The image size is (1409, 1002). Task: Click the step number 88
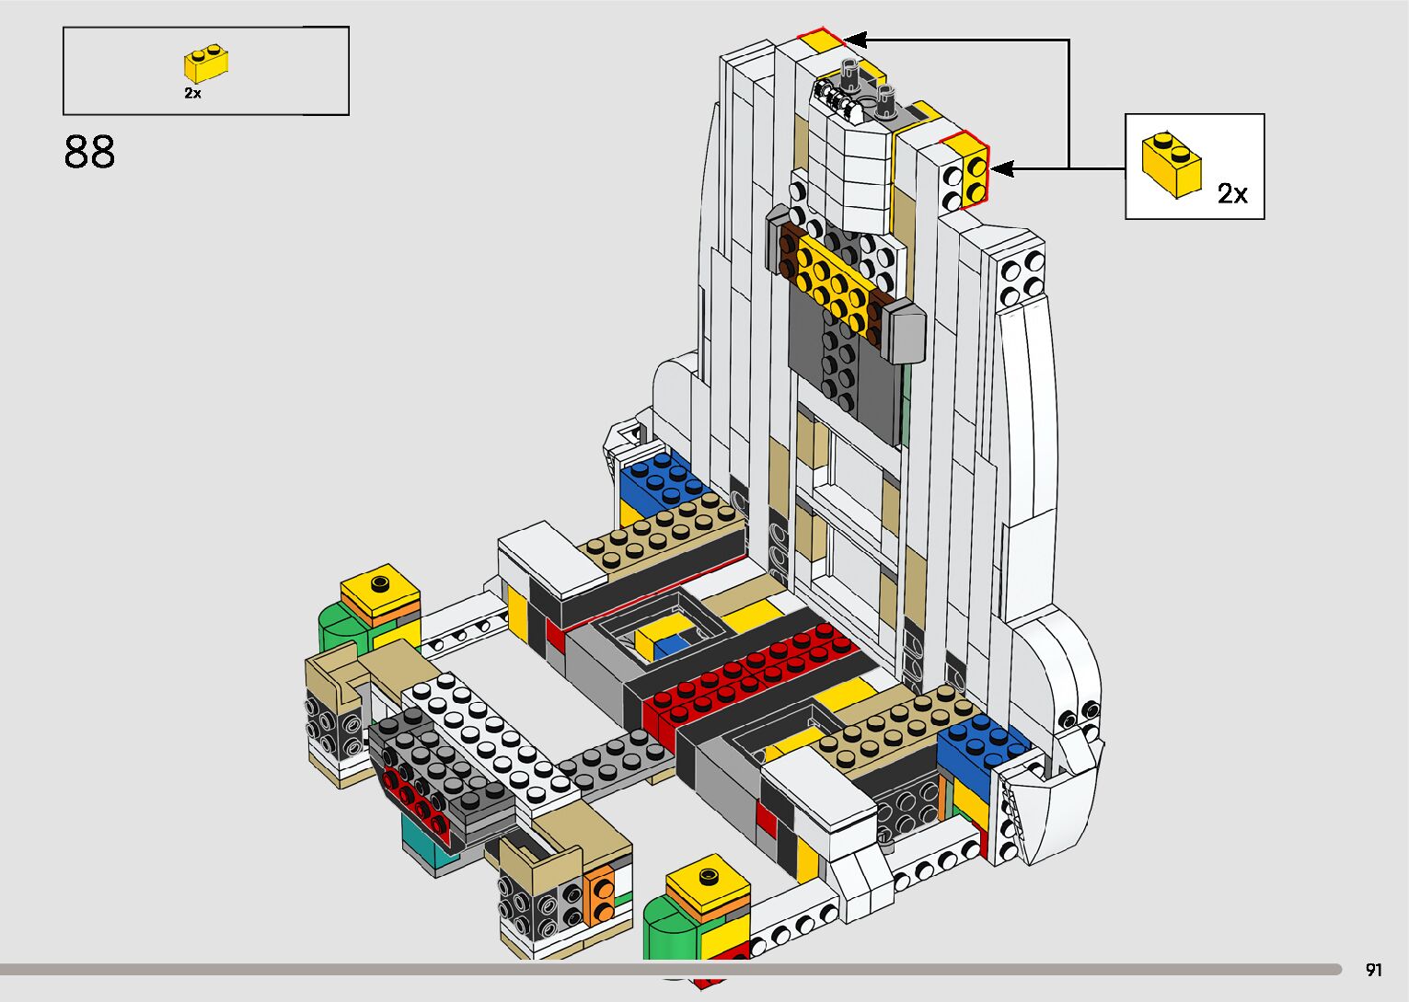point(89,153)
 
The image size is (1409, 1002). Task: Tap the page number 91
point(1374,969)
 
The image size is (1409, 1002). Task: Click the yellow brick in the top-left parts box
point(206,64)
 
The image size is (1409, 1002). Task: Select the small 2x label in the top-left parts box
point(192,93)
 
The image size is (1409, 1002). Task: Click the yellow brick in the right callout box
point(1172,165)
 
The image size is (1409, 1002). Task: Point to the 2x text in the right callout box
point(1232,194)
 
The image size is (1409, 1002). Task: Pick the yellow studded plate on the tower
point(833,281)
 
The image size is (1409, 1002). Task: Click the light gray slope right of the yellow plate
point(904,329)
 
